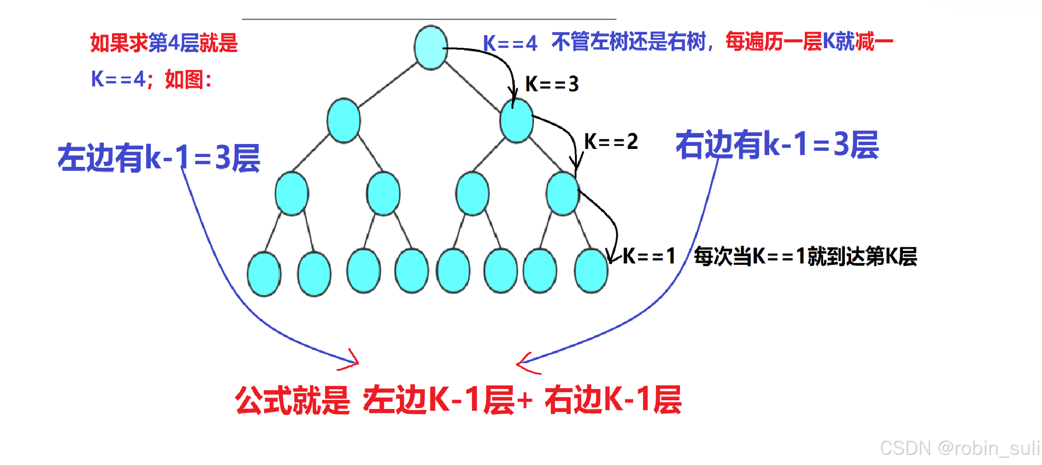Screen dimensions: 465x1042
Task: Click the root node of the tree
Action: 430,48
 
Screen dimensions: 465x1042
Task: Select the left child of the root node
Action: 343,120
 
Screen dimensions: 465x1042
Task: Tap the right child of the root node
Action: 516,120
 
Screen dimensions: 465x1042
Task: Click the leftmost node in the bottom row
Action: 264,274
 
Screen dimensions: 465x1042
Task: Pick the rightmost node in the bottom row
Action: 591,270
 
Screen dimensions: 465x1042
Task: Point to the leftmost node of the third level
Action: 292,194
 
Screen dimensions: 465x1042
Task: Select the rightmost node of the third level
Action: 563,194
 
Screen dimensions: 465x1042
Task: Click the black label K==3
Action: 552,84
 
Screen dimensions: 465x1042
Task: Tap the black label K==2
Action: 611,142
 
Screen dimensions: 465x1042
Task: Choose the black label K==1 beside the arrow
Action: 649,256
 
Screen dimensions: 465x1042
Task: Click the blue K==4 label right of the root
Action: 510,44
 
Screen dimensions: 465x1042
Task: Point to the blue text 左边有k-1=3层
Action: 159,158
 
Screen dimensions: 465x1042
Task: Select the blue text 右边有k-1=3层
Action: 777,144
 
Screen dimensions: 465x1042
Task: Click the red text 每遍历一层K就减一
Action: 809,42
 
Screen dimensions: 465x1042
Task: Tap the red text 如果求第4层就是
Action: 164,43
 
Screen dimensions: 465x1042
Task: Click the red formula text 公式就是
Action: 293,400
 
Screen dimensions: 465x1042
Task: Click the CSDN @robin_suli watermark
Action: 959,448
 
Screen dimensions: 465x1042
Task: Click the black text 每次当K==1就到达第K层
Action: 805,257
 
